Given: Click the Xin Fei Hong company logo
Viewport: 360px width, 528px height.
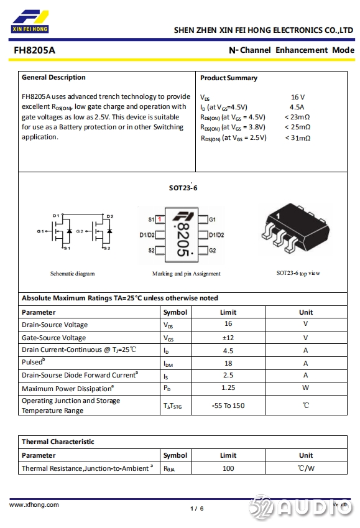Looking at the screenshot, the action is (x=30, y=22).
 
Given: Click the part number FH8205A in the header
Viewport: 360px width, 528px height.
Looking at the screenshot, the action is (x=34, y=50).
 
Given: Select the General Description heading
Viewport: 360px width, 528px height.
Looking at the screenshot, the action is (x=53, y=78).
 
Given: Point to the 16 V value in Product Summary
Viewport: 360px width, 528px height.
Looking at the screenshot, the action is (x=298, y=97).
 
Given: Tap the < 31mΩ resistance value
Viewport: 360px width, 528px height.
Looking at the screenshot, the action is (x=298, y=137).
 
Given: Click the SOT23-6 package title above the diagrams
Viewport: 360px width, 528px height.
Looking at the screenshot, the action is (x=183, y=188).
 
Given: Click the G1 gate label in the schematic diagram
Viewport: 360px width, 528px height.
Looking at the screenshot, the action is (x=40, y=231).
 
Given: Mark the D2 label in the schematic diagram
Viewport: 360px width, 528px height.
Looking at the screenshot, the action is (x=110, y=216).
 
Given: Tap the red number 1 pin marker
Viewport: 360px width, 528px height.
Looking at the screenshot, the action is (x=160, y=219).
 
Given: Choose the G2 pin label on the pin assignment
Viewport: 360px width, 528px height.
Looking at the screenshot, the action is (x=213, y=251).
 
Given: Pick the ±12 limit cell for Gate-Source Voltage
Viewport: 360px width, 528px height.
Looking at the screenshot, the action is (x=228, y=338).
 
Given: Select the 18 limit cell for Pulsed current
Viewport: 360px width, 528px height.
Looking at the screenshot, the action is (x=228, y=363).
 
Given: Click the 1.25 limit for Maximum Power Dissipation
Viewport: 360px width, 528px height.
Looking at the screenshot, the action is (x=228, y=387).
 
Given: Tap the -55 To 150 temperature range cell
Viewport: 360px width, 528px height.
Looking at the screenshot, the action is (x=228, y=405).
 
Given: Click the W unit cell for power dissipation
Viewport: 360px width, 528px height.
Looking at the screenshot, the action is (x=306, y=387).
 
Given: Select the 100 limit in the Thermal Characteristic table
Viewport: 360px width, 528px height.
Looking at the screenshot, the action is (x=228, y=468).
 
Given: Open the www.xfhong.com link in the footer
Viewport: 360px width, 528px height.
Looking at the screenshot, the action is (x=34, y=505).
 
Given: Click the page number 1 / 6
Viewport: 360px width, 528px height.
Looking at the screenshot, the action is (x=197, y=509).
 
